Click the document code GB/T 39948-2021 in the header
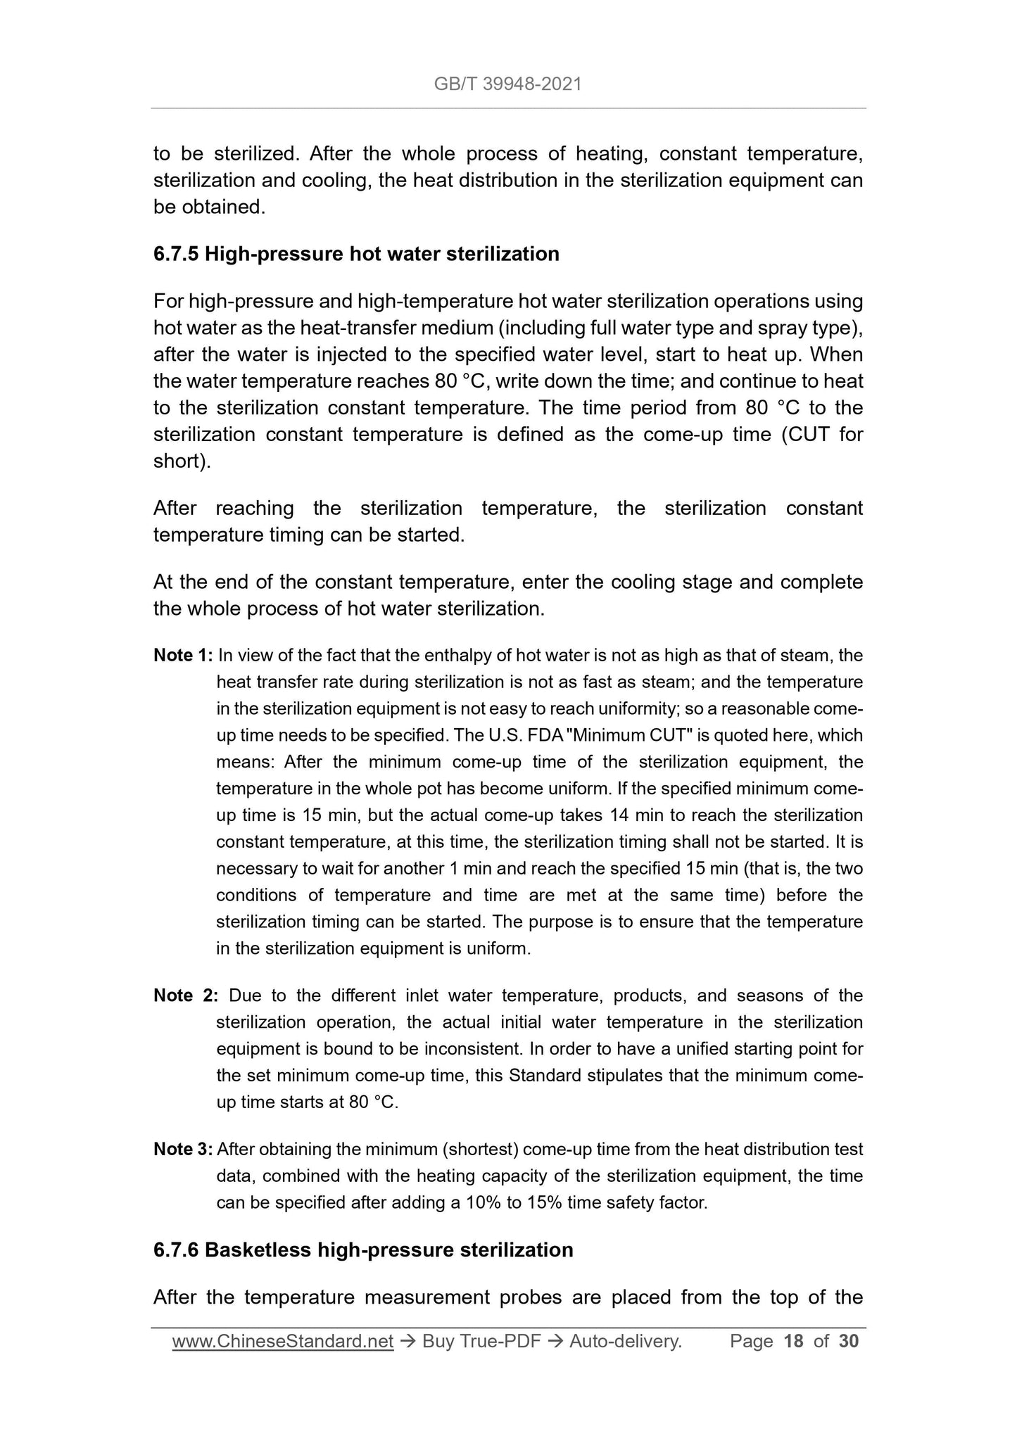pos(507,84)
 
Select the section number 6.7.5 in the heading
pos(176,253)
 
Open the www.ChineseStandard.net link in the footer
pos(282,1342)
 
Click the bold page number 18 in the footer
pos(793,1342)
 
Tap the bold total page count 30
pos(849,1342)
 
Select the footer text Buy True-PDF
pos(481,1342)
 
